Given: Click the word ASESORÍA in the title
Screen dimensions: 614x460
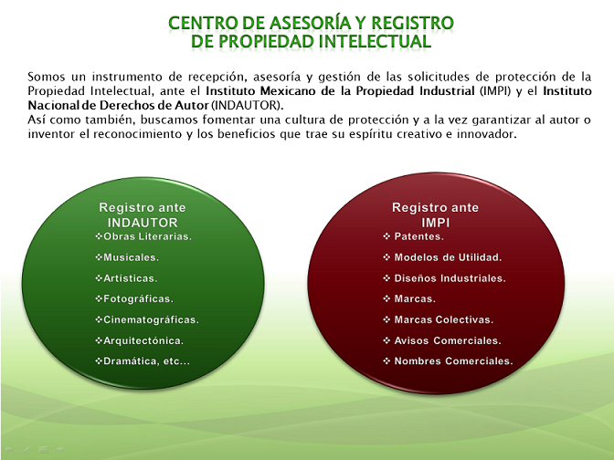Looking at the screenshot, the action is pyautogui.click(x=311, y=23).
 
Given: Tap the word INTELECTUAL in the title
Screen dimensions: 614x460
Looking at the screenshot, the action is pyautogui.click(x=376, y=41).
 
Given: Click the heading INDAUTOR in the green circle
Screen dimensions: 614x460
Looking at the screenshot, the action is pyautogui.click(x=143, y=223).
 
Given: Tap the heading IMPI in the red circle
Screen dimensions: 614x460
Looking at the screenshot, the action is pyautogui.click(x=436, y=223).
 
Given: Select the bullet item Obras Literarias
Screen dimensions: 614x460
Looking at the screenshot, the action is pyautogui.click(x=143, y=236).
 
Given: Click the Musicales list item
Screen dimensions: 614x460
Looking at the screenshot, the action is pyautogui.click(x=127, y=257).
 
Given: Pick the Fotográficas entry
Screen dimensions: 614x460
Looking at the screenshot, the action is pyautogui.click(x=134, y=298).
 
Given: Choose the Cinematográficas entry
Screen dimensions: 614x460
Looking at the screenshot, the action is pyautogui.click(x=147, y=319).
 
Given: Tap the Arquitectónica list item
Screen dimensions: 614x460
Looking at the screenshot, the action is pyautogui.click(x=140, y=340).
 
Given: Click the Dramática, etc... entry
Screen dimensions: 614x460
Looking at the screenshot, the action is pyautogui.click(x=143, y=361).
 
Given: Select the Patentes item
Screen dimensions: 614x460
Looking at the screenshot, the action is pyautogui.click(x=413, y=236).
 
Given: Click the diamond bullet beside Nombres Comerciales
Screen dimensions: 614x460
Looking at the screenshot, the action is pyautogui.click(x=386, y=361).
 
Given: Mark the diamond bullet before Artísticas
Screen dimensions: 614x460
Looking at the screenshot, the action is pyautogui.click(x=99, y=277).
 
